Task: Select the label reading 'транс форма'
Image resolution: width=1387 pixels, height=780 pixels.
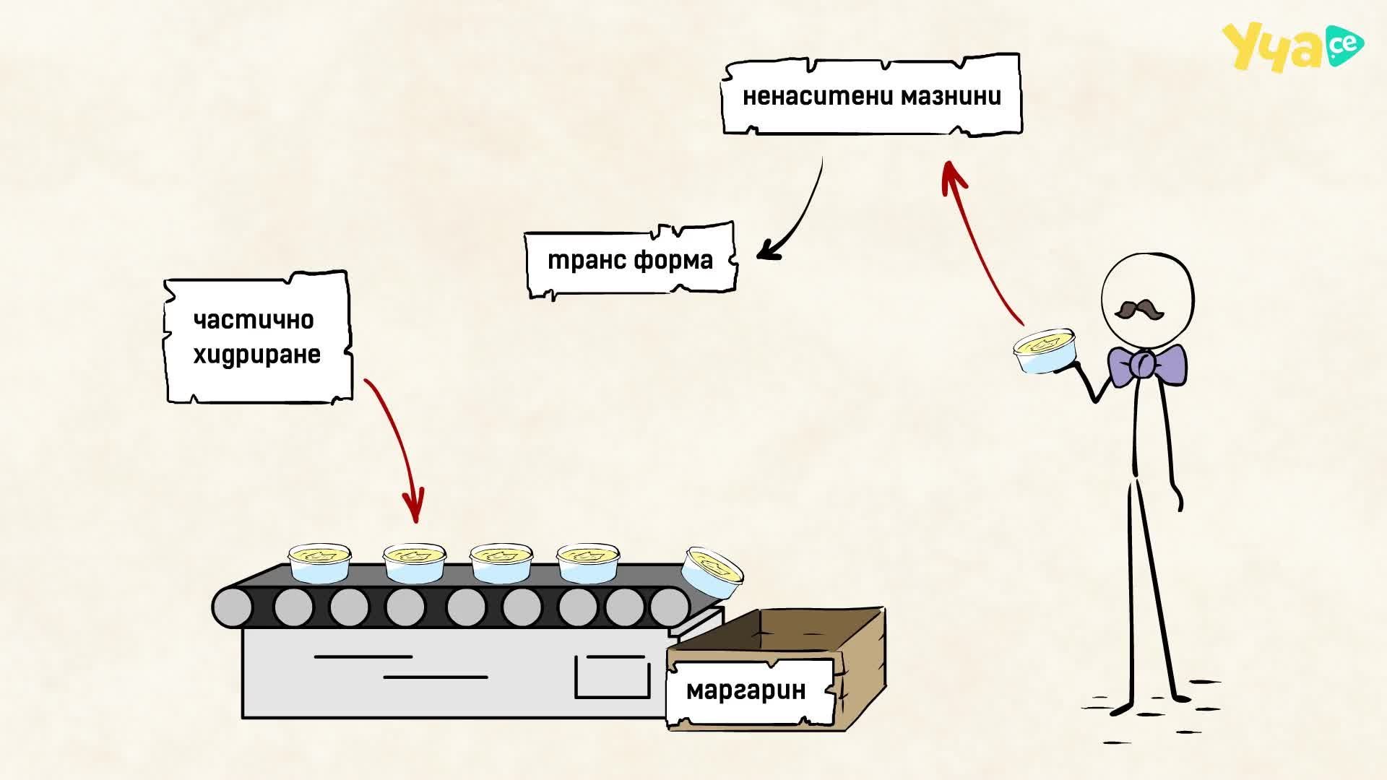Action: coord(630,260)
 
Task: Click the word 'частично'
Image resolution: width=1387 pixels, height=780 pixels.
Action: coord(254,320)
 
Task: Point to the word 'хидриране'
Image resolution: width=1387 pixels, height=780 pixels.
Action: coord(257,355)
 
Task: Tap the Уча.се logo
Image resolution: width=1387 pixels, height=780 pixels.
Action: coord(1292,47)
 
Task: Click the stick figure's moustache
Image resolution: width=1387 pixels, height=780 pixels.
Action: coord(1139,310)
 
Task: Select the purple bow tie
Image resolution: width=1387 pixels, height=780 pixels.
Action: coord(1147,365)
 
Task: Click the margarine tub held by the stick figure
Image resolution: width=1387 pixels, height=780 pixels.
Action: coord(1045,351)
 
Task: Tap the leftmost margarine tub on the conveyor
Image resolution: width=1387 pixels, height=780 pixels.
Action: coord(319,563)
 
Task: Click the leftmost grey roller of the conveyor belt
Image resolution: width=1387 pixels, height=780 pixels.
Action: coord(233,607)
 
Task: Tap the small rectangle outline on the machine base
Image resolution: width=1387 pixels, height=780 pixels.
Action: coord(612,677)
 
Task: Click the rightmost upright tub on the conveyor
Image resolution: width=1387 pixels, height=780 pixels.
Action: coord(588,563)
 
